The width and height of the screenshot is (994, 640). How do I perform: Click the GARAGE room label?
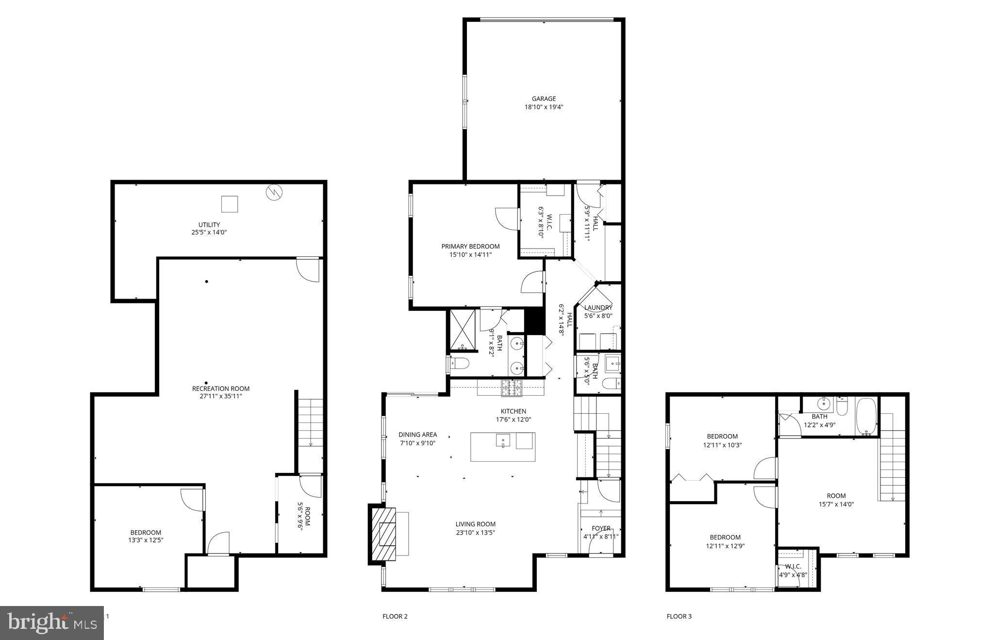(544, 99)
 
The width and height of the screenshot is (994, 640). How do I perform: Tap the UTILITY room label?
(209, 224)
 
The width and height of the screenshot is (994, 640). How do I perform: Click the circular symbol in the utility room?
(274, 193)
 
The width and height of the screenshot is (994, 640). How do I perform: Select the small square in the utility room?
(230, 204)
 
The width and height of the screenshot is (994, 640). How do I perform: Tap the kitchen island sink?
(502, 440)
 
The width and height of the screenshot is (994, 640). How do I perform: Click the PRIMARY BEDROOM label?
(470, 246)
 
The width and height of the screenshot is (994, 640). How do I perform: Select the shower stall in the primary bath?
(463, 329)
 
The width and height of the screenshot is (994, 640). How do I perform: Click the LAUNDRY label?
(598, 307)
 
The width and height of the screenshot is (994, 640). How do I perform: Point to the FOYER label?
(601, 528)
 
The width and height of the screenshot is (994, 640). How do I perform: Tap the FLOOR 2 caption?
(395, 617)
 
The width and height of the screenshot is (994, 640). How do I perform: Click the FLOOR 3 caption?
(679, 617)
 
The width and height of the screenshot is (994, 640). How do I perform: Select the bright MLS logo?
(51, 623)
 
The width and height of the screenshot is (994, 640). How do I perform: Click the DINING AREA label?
(417, 435)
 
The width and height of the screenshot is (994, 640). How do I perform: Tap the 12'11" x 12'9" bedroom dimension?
(725, 545)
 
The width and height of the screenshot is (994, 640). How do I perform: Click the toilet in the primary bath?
(459, 363)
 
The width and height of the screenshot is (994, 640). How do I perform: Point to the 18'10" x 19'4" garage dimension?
(544, 107)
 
